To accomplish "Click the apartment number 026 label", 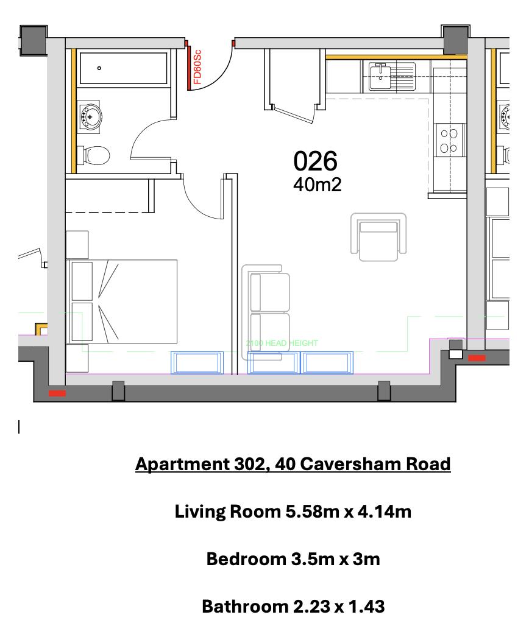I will point(315,161).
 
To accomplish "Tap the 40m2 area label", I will point(317,185).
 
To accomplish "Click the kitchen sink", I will point(382,76).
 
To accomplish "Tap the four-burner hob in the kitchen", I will point(450,141).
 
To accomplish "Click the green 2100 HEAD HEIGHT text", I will point(282,343).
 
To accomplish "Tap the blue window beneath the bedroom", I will point(198,362).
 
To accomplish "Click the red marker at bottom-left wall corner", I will point(57,393).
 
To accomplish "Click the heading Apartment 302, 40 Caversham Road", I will point(293,464).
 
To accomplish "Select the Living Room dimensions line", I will point(293,512).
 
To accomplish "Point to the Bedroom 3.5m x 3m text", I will point(293,559).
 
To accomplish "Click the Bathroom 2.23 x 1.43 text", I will point(293,607).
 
